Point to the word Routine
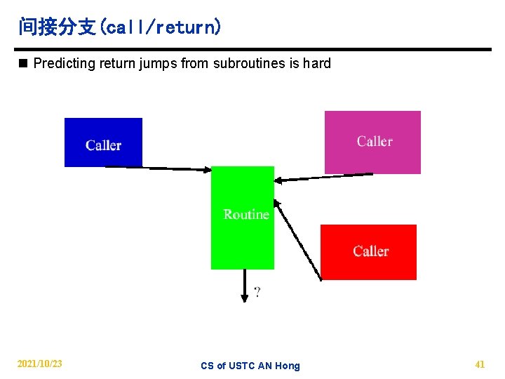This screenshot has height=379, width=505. pyautogui.click(x=246, y=214)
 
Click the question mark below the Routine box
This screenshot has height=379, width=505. pyautogui.click(x=257, y=292)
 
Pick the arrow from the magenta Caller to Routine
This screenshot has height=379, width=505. pyautogui.click(x=323, y=177)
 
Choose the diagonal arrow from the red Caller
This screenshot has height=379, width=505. pyautogui.click(x=297, y=240)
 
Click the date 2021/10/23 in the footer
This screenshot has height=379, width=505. pyautogui.click(x=39, y=364)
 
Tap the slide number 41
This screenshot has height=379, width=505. pyautogui.click(x=480, y=364)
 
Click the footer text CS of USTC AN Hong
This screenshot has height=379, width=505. pyautogui.click(x=250, y=366)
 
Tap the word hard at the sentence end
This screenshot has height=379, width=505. pyautogui.click(x=316, y=64)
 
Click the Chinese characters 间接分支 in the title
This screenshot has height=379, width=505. pyautogui.click(x=57, y=27)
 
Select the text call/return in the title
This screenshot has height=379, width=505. pyautogui.click(x=161, y=28)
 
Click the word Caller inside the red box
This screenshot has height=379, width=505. pyautogui.click(x=370, y=251)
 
